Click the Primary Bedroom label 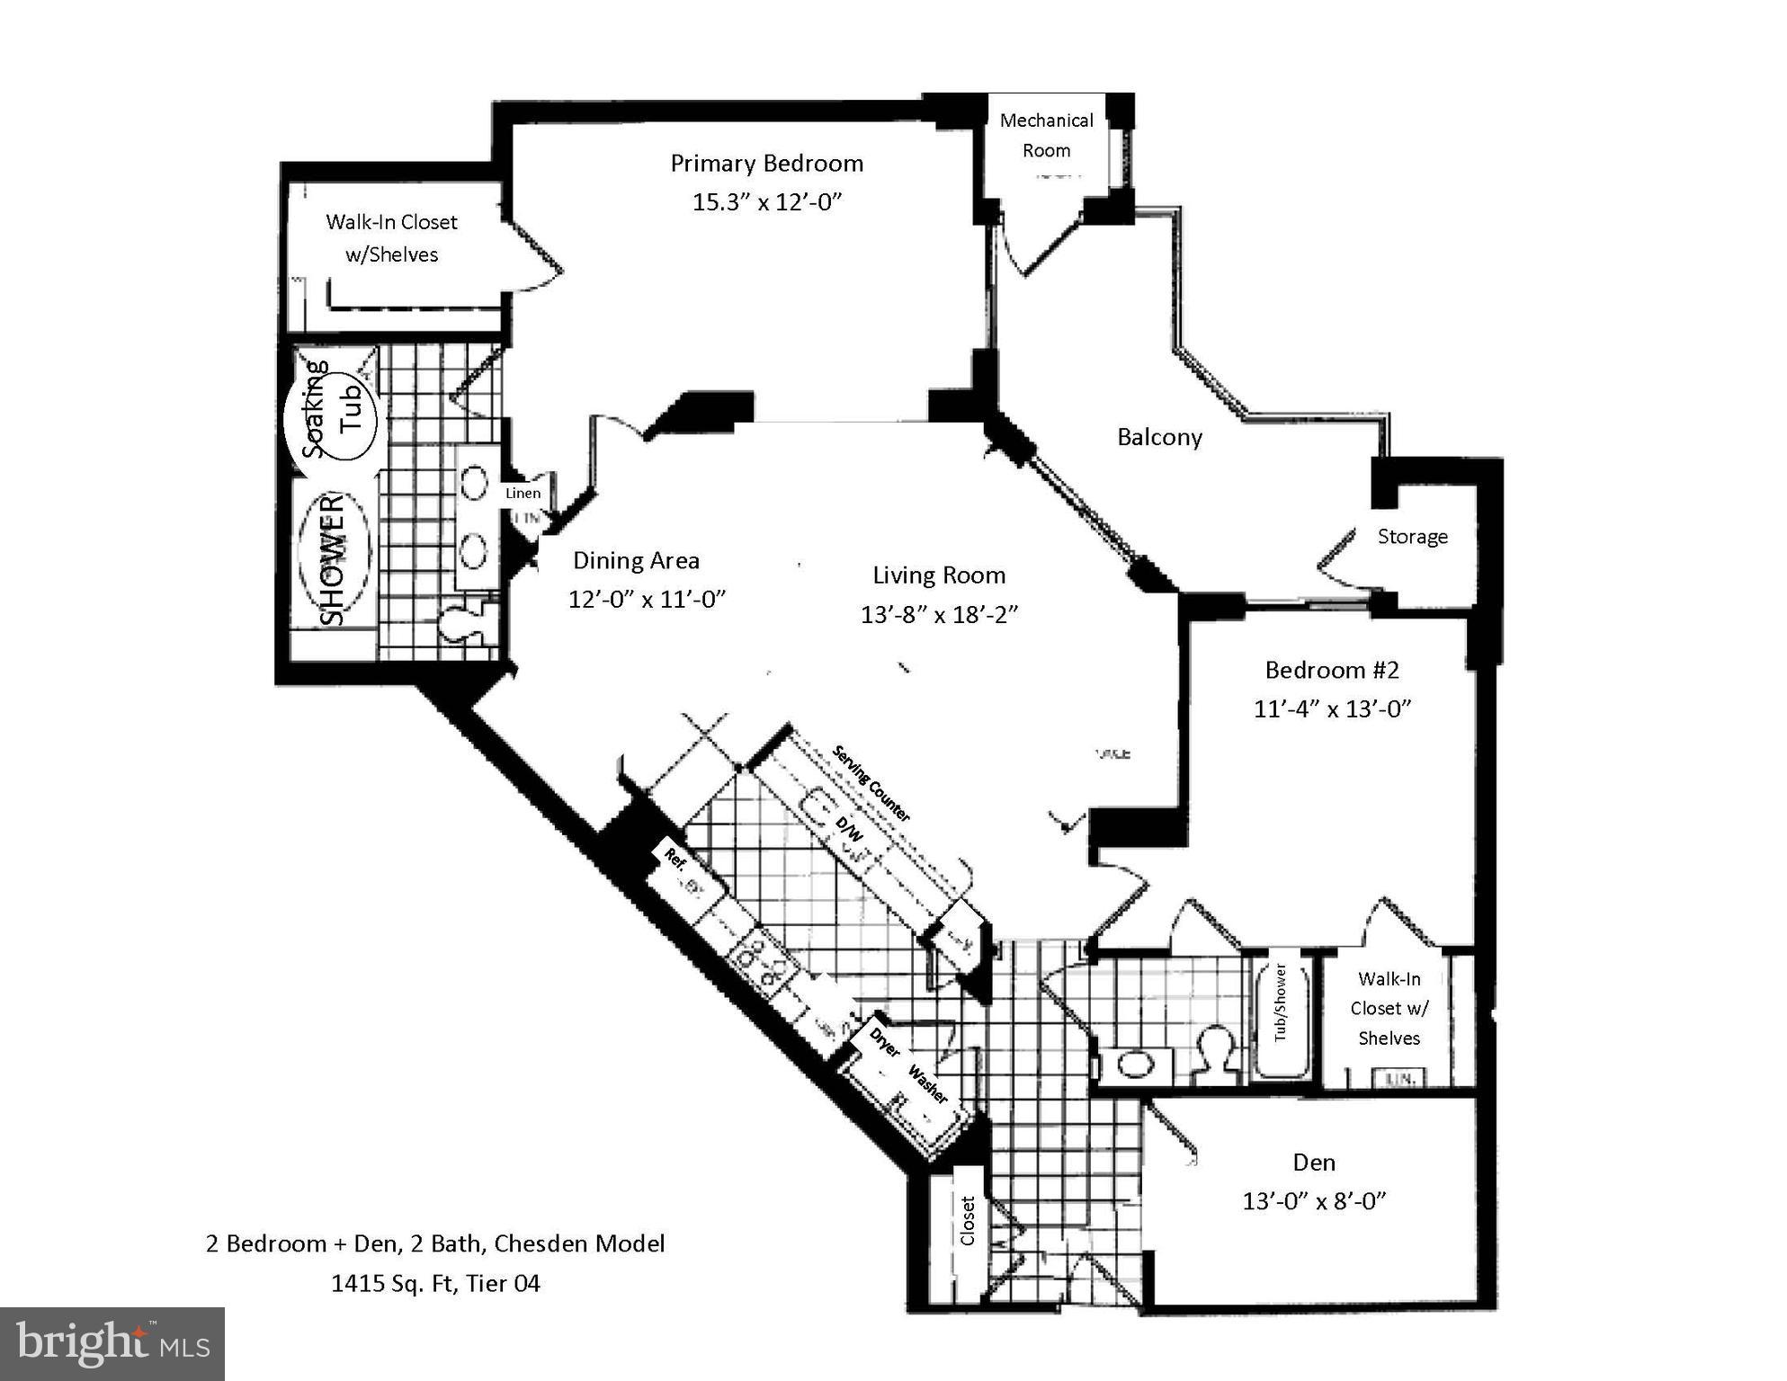766,164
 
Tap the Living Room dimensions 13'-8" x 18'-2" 939,615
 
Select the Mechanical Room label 1046,136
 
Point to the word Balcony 1159,438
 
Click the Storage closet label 1412,537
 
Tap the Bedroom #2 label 1332,670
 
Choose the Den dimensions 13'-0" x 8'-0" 1314,1201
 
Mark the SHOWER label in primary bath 333,557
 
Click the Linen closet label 523,493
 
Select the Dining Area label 636,561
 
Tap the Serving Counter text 871,783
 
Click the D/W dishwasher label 848,828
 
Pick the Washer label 927,1084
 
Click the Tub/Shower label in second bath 1281,1002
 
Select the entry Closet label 968,1220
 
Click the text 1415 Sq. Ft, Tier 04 435,1283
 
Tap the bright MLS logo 112,1343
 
